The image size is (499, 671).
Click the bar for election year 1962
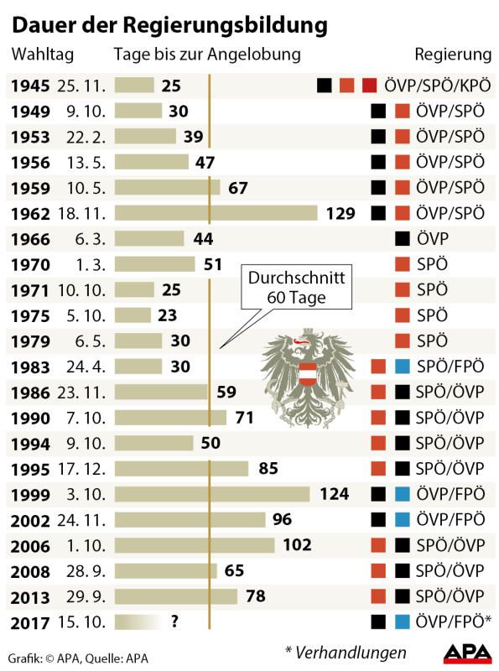click(216, 213)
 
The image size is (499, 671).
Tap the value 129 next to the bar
click(340, 213)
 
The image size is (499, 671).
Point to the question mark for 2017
click(174, 622)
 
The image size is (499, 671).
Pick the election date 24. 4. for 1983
click(78, 367)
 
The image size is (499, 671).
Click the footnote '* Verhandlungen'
click(346, 652)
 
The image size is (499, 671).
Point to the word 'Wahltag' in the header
click(42, 55)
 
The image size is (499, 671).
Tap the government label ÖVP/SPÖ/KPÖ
click(435, 85)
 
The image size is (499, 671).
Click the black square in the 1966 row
click(403, 239)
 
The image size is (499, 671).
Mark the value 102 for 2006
click(297, 545)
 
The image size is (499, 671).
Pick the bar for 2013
click(176, 596)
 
